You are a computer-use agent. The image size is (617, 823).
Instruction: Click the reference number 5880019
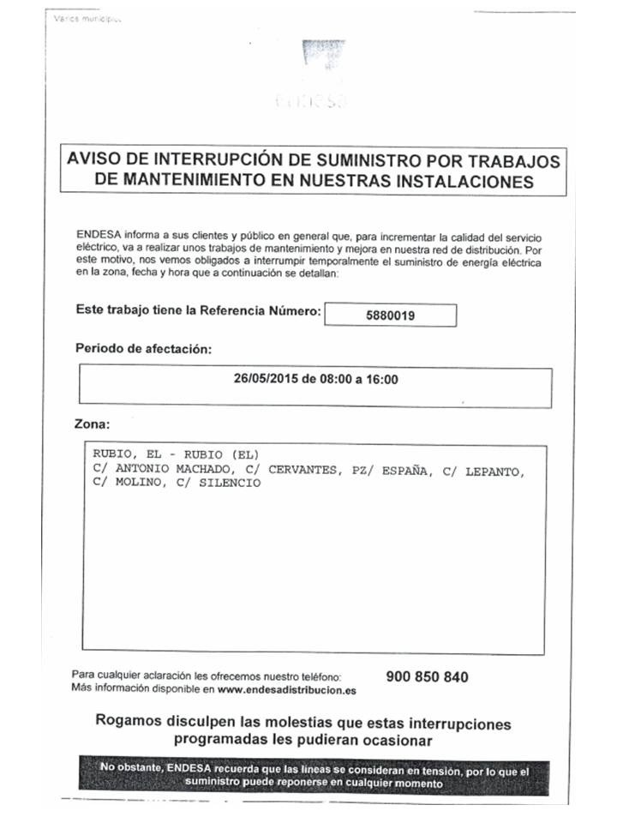point(390,315)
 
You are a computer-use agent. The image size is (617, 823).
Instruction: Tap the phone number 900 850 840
point(427,676)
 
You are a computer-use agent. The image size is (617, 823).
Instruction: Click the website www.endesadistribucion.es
point(286,689)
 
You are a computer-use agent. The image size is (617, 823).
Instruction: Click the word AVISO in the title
point(95,161)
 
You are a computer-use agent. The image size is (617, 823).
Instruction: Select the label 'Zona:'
point(93,424)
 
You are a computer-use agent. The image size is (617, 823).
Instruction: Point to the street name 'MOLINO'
point(136,483)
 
